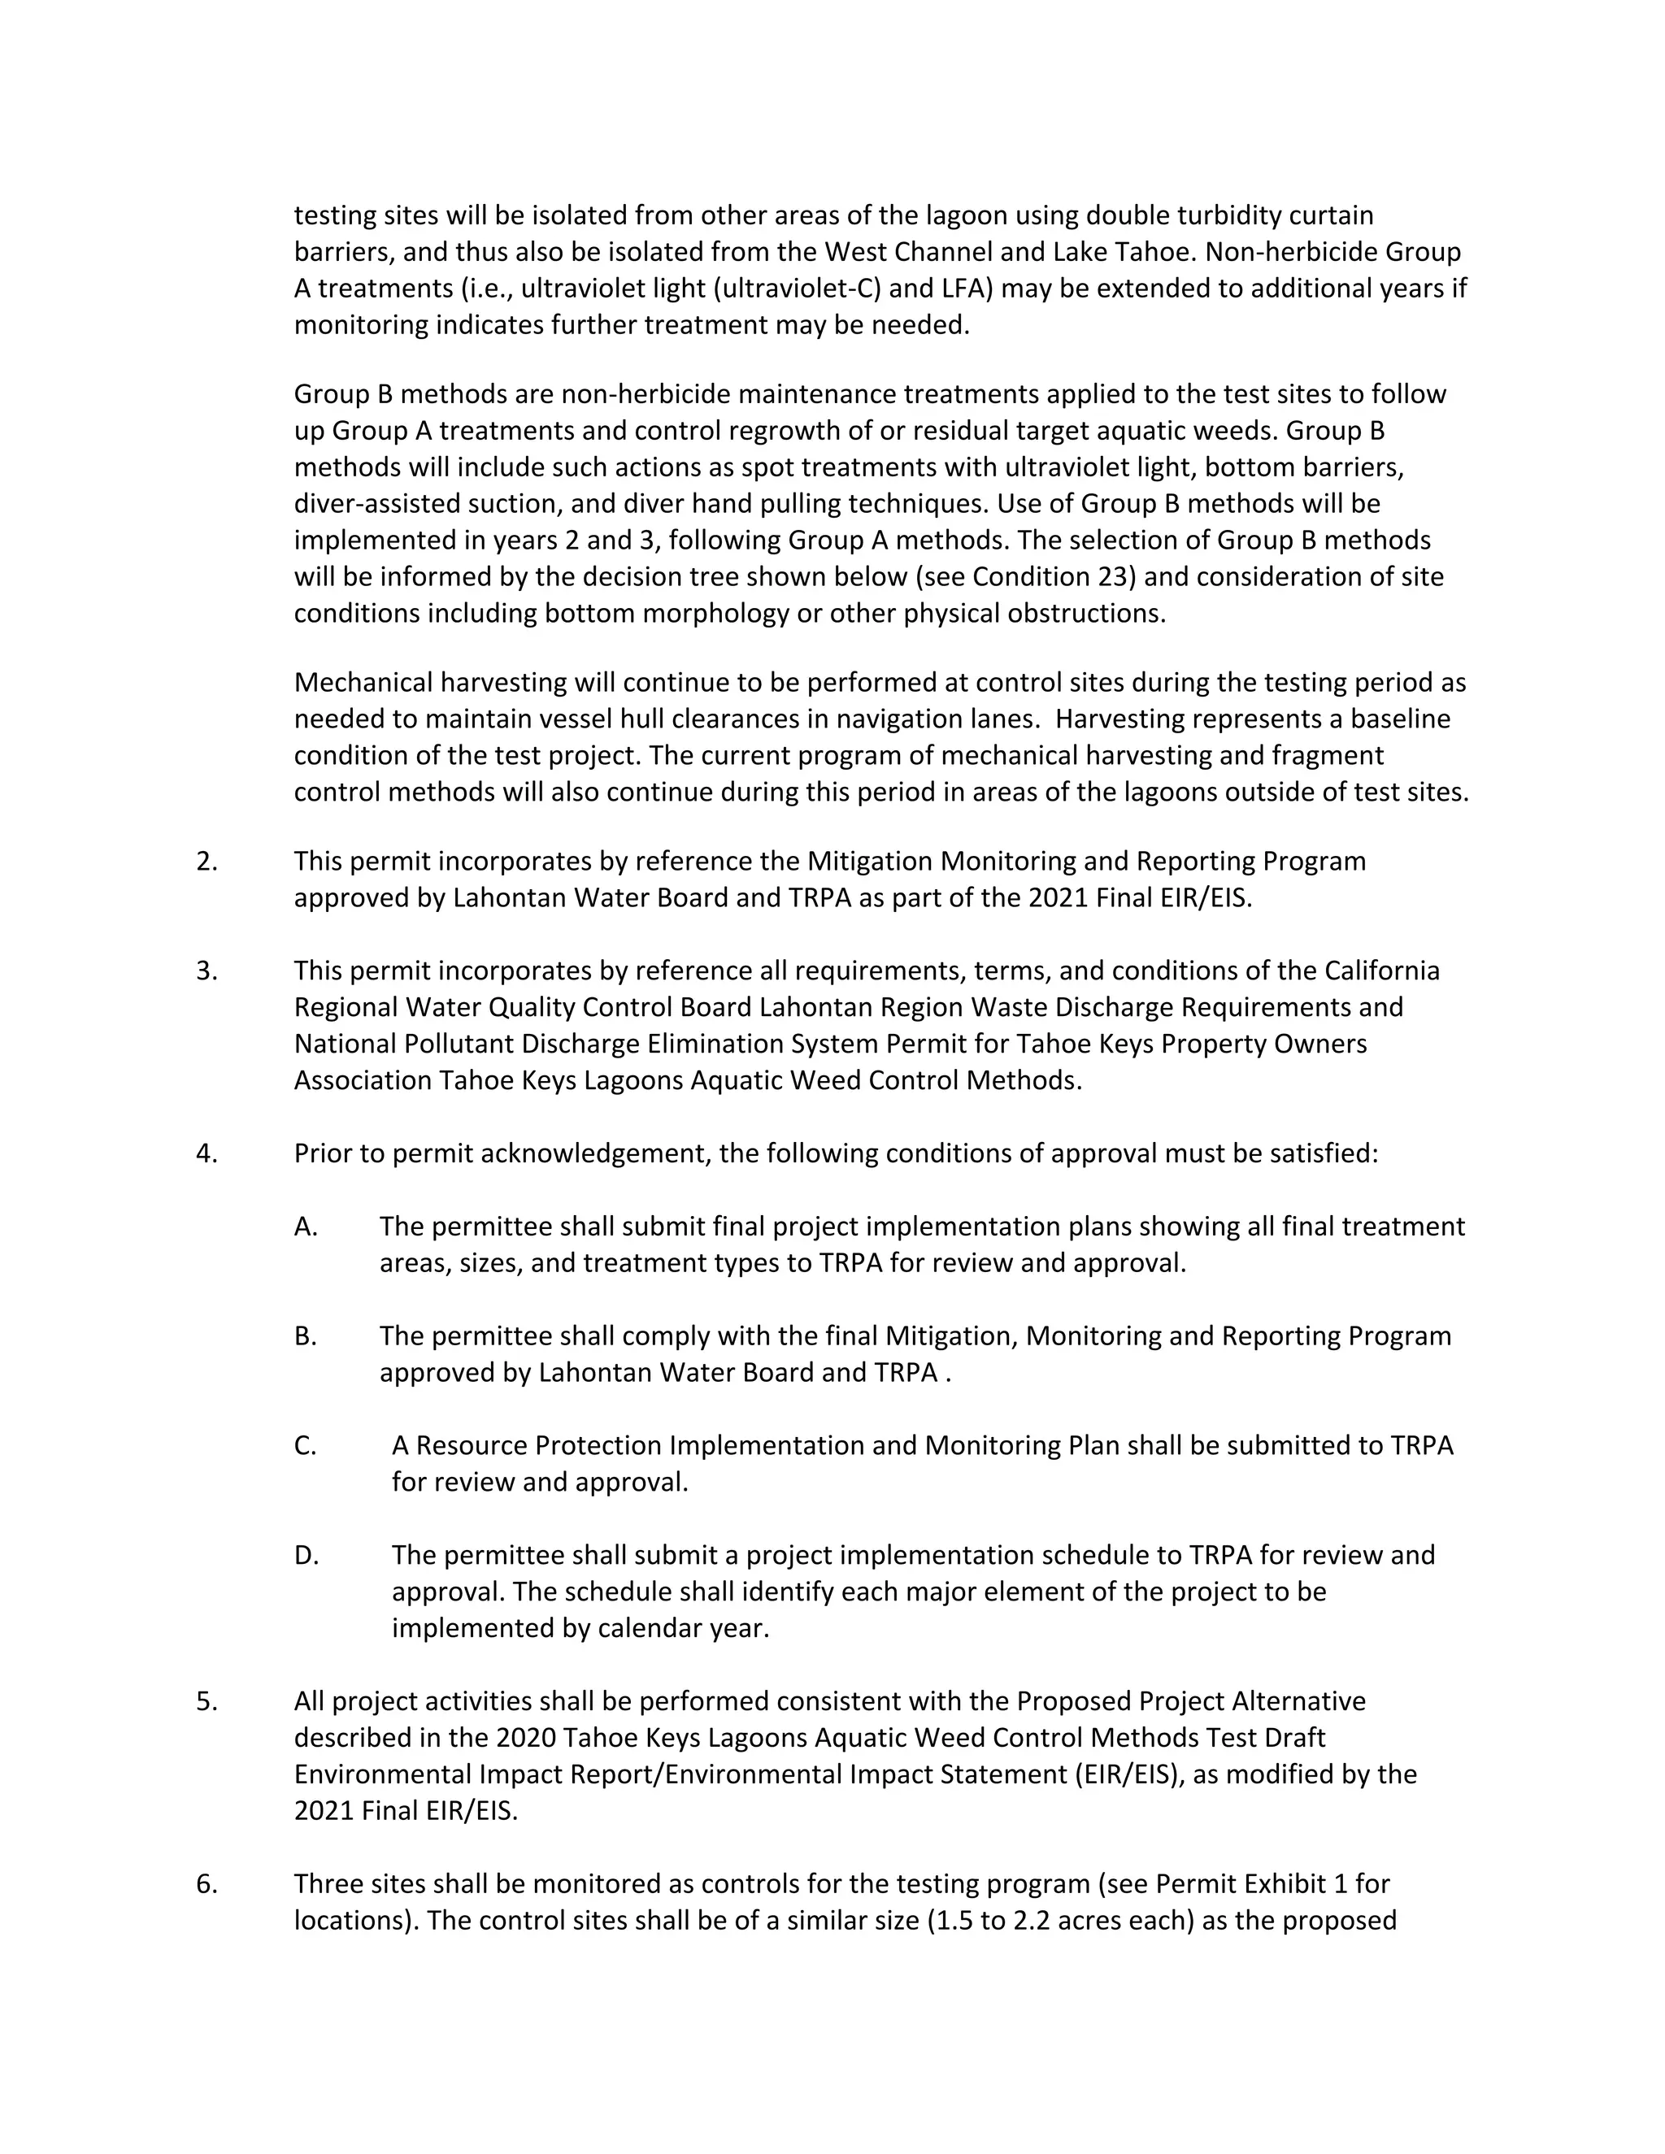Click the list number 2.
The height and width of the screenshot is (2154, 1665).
click(206, 862)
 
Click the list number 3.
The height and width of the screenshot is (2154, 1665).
click(206, 971)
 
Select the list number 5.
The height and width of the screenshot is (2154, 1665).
click(206, 1701)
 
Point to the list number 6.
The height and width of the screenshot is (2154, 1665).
click(206, 1884)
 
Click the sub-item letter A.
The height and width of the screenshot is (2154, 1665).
click(306, 1227)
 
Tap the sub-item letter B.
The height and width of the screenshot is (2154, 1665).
click(306, 1336)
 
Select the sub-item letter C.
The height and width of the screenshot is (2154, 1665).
click(306, 1446)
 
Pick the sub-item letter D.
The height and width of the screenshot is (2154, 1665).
click(306, 1555)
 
